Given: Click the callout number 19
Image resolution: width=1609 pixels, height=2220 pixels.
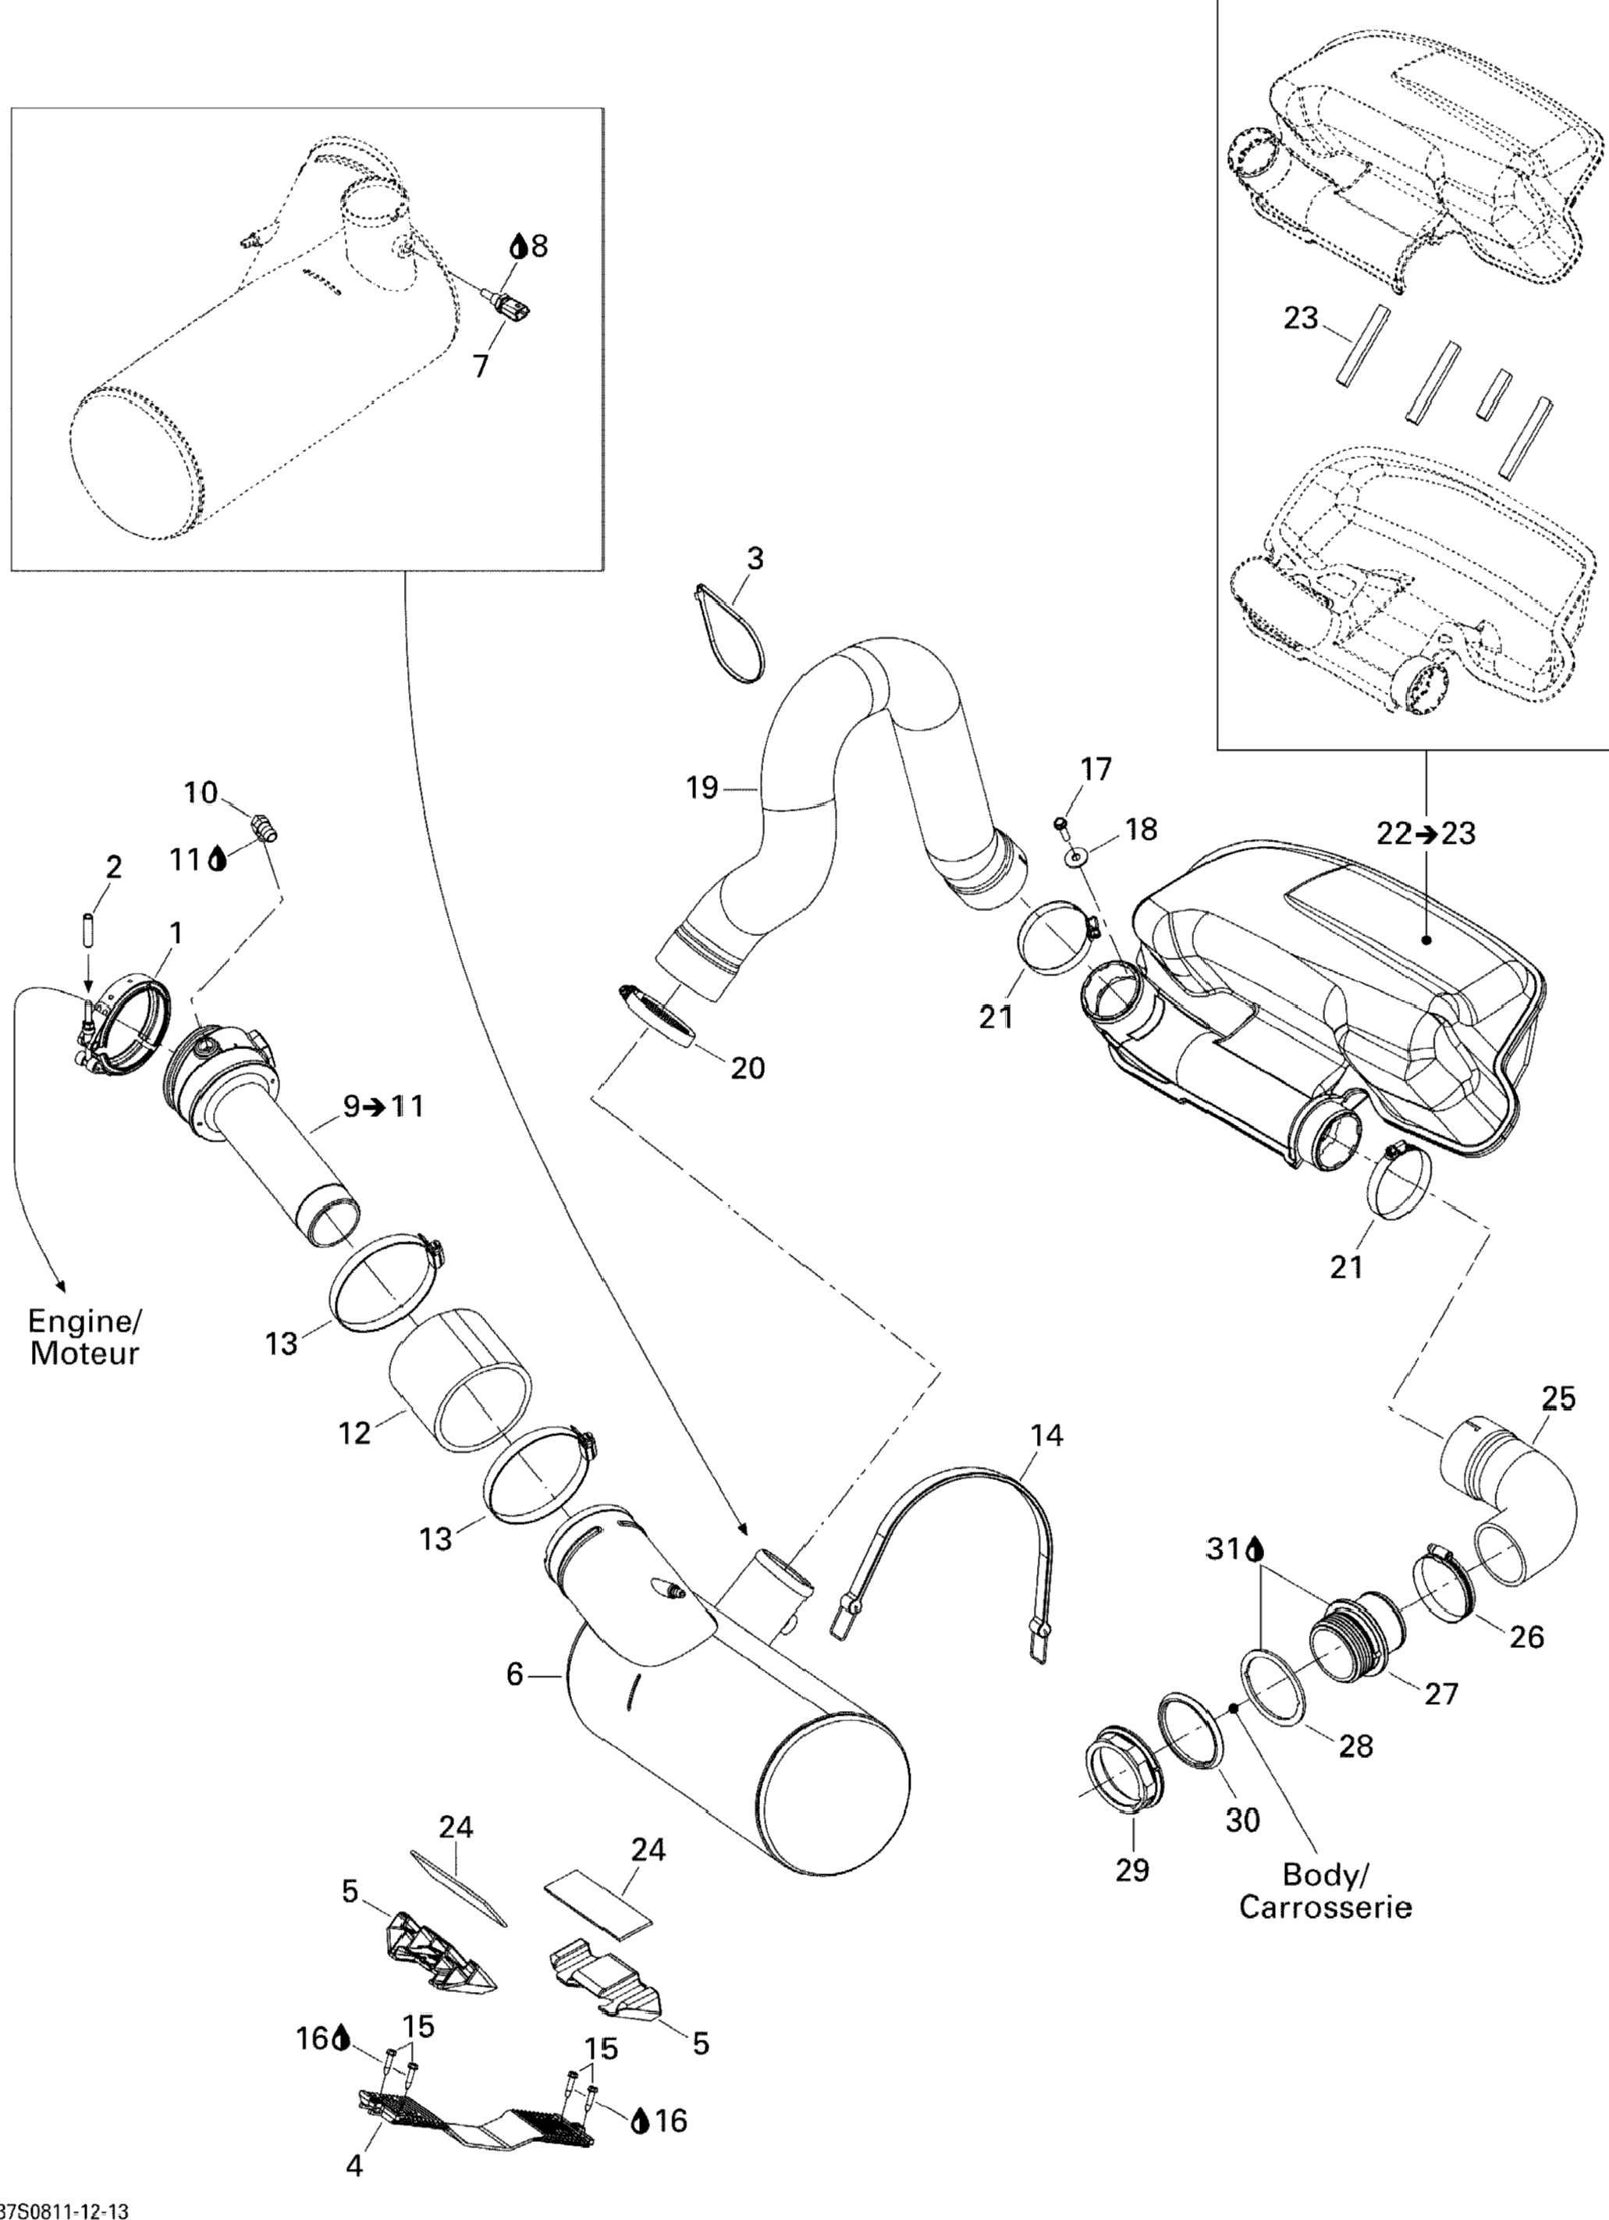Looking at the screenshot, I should pyautogui.click(x=701, y=787).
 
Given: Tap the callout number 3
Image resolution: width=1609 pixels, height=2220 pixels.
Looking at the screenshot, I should pyautogui.click(x=754, y=559).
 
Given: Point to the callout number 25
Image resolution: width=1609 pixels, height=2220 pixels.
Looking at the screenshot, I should pyautogui.click(x=1558, y=1399).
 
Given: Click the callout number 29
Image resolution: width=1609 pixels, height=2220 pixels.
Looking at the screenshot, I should pyautogui.click(x=1131, y=1870).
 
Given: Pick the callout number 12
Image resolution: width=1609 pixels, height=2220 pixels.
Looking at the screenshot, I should pyautogui.click(x=354, y=1433).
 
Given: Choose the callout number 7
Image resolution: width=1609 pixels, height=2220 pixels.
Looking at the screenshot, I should pyautogui.click(x=480, y=365).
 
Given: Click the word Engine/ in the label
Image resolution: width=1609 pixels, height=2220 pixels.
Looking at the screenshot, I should pyautogui.click(x=84, y=1322).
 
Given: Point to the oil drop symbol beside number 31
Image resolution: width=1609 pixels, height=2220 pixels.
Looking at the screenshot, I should pyautogui.click(x=1256, y=1550).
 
